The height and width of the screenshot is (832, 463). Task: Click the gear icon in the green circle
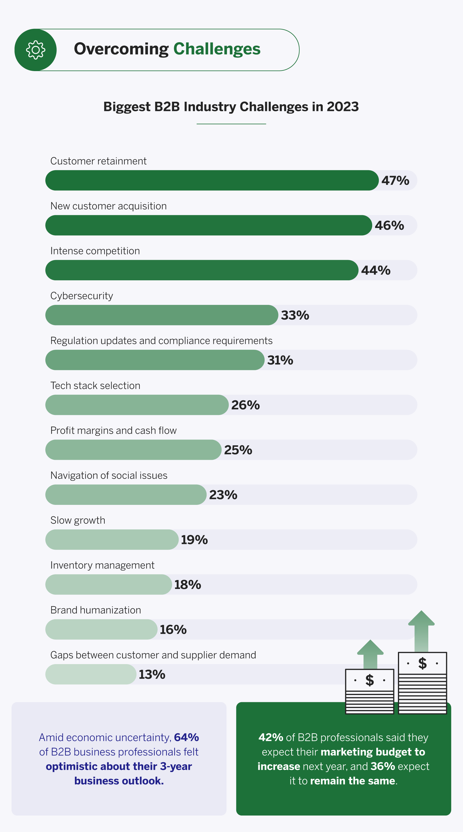pyautogui.click(x=36, y=50)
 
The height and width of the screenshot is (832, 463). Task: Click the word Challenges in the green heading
pyautogui.click(x=217, y=49)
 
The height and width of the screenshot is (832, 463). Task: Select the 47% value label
pyautogui.click(x=395, y=181)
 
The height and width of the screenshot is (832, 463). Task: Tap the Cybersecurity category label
pyautogui.click(x=82, y=296)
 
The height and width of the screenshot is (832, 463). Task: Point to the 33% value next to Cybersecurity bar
pyautogui.click(x=295, y=315)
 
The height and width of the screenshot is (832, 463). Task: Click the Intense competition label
pyautogui.click(x=95, y=251)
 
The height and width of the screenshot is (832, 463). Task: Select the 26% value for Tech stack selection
pyautogui.click(x=245, y=405)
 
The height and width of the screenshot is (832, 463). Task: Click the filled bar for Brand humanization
pyautogui.click(x=101, y=629)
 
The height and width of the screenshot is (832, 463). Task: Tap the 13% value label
pyautogui.click(x=152, y=675)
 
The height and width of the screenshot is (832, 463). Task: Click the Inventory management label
pyautogui.click(x=102, y=565)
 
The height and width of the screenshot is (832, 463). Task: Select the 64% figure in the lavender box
pyautogui.click(x=186, y=738)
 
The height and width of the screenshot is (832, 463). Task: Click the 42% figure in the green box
pyautogui.click(x=270, y=738)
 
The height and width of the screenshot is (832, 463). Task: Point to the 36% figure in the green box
pyautogui.click(x=383, y=766)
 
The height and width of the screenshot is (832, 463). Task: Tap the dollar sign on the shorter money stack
pyautogui.click(x=369, y=680)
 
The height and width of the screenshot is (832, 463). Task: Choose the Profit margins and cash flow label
pyautogui.click(x=113, y=431)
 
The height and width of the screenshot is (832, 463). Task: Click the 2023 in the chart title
pyautogui.click(x=342, y=107)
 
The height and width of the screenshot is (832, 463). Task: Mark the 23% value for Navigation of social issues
pyautogui.click(x=223, y=495)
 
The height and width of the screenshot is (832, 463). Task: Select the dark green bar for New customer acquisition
pyautogui.click(x=209, y=225)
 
